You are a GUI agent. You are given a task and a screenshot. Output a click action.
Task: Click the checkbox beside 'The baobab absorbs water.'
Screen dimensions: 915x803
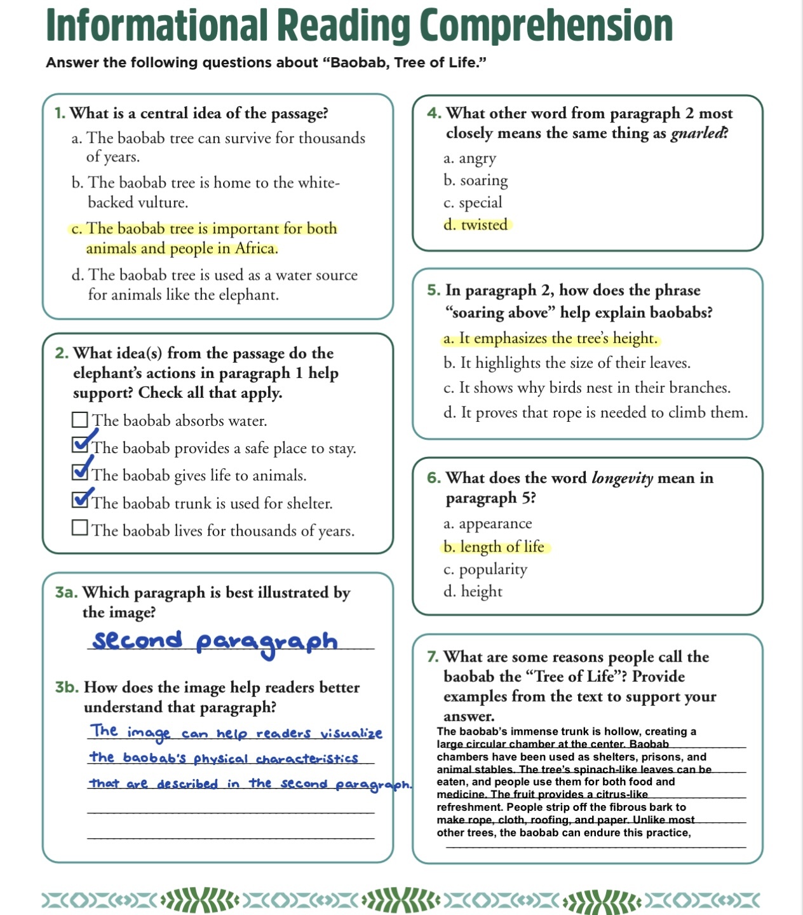(x=79, y=420)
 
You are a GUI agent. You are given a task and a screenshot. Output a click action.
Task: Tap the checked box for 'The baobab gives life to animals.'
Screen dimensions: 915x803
(x=80, y=473)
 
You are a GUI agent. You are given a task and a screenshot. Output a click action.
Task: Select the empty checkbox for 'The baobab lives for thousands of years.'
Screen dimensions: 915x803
(x=79, y=528)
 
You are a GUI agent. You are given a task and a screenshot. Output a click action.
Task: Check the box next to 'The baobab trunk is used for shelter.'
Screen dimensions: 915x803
(x=80, y=500)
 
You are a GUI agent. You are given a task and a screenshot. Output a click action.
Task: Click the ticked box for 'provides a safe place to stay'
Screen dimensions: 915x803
(x=80, y=445)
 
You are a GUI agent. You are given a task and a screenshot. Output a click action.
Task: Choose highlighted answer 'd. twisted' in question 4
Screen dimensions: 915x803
(x=476, y=225)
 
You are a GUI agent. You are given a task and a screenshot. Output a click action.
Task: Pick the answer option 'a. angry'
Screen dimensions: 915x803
(x=469, y=158)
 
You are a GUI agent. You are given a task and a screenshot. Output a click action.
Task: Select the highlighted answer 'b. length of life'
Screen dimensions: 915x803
(x=494, y=547)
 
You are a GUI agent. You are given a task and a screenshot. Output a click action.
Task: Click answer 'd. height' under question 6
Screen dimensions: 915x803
(x=473, y=592)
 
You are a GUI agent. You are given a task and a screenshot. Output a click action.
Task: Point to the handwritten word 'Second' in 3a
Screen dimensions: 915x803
(x=137, y=640)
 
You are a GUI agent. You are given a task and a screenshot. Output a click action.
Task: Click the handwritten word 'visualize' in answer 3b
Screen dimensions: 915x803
(x=351, y=733)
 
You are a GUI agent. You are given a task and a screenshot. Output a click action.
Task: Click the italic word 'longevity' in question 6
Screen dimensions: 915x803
(x=622, y=478)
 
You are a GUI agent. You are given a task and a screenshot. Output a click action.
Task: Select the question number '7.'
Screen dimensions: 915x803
(x=433, y=657)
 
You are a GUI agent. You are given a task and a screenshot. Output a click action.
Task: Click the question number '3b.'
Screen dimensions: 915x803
(x=67, y=688)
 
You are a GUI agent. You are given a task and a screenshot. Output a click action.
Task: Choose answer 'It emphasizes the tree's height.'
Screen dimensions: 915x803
(x=550, y=339)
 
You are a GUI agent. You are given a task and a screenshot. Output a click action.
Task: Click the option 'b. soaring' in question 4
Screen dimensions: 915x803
(x=476, y=180)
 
